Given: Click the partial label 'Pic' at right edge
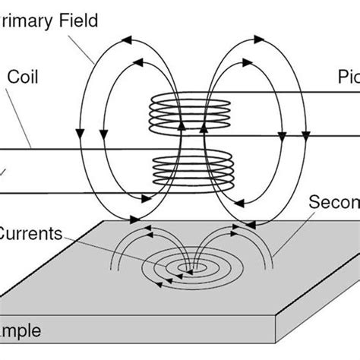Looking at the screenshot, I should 348,77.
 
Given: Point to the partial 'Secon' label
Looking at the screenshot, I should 334,204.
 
